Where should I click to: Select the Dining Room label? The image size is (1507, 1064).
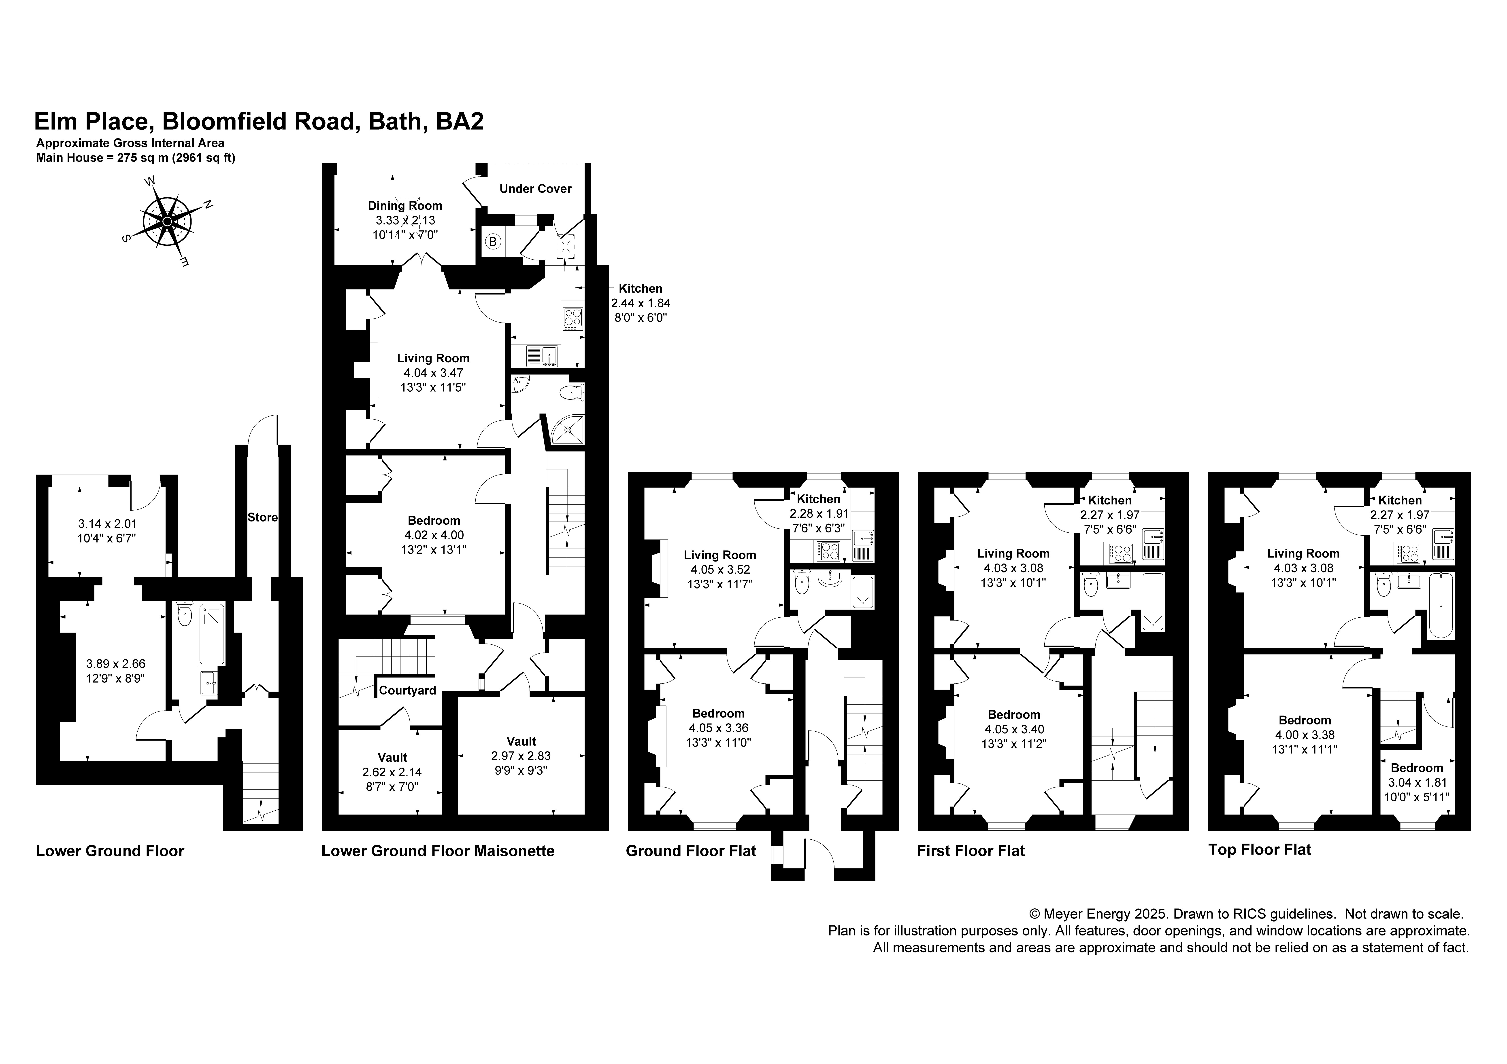pyautogui.click(x=405, y=205)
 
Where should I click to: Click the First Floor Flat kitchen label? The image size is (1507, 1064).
pyautogui.click(x=1110, y=500)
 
